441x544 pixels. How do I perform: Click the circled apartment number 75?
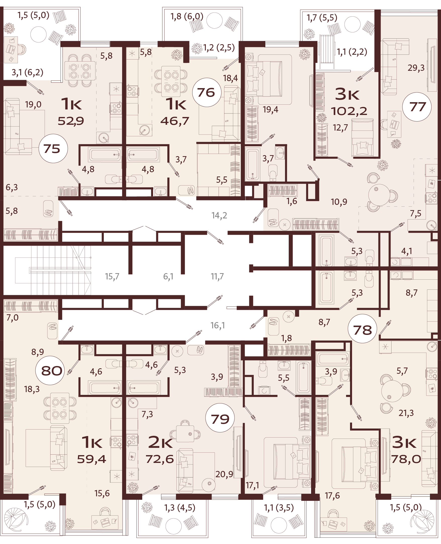coord(53,148)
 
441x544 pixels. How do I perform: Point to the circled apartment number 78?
coord(362,330)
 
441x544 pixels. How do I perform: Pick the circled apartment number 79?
coord(220,419)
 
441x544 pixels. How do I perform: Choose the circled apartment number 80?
coord(52,371)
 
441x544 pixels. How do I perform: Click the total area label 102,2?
coord(349,111)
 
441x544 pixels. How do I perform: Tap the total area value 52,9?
coord(71,121)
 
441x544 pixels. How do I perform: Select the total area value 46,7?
coord(175,121)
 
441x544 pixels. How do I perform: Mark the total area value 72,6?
coord(160,459)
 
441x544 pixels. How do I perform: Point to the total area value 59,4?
coord(91,459)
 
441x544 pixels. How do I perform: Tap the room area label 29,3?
coord(416,68)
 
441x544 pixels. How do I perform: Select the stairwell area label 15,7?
coord(112,276)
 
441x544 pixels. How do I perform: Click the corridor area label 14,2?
coord(219,215)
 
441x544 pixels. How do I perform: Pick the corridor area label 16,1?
coord(218,325)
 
